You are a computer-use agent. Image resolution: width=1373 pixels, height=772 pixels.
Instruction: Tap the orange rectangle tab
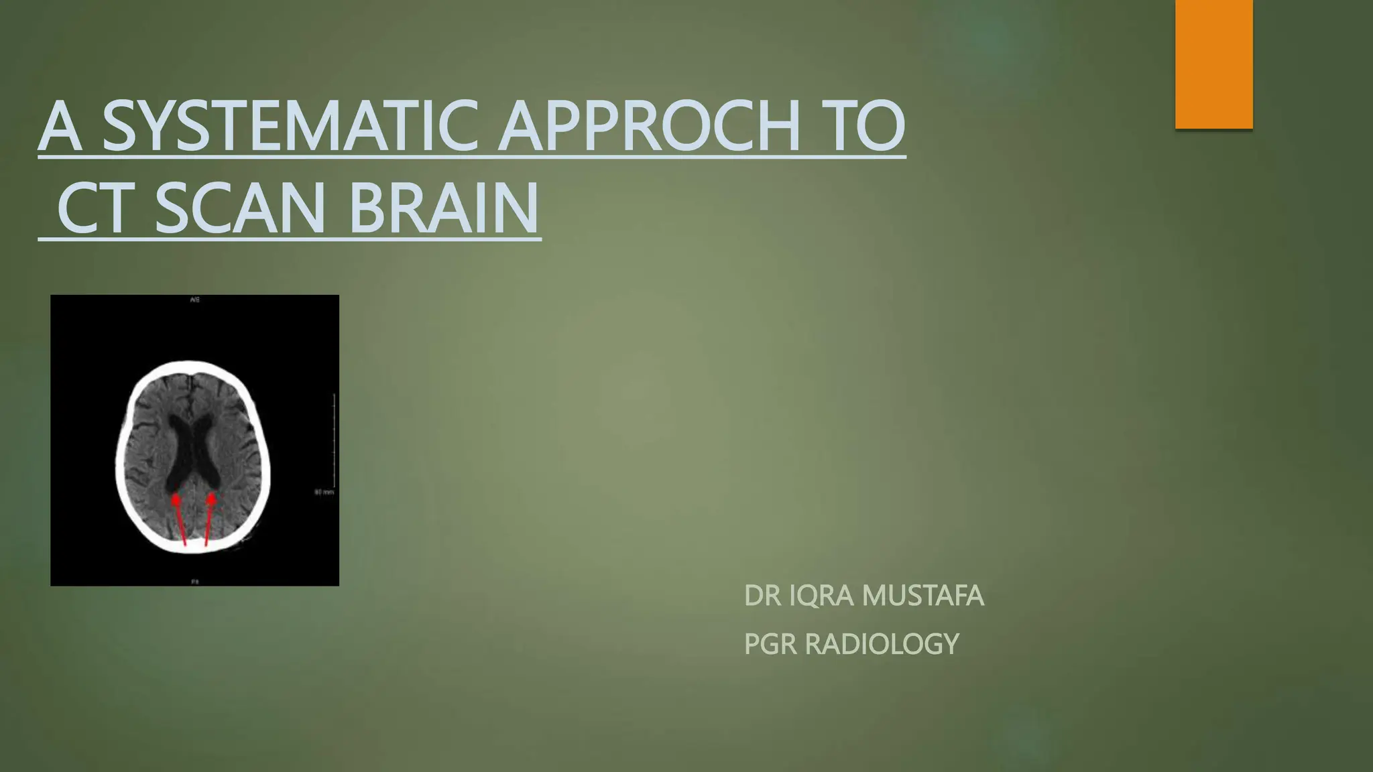click(1213, 64)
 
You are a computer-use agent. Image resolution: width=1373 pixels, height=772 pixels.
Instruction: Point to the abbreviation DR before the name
click(762, 596)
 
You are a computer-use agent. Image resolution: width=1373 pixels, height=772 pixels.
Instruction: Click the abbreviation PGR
click(770, 644)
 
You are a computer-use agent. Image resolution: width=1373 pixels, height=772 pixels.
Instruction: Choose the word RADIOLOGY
click(882, 644)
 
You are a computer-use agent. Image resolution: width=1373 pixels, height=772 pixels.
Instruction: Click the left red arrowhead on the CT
click(176, 499)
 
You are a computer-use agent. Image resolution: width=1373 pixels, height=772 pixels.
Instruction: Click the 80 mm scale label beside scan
click(324, 493)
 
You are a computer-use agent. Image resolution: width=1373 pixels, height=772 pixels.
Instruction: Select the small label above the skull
click(194, 300)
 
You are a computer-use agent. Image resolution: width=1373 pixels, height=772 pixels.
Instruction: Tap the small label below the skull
click(194, 582)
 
